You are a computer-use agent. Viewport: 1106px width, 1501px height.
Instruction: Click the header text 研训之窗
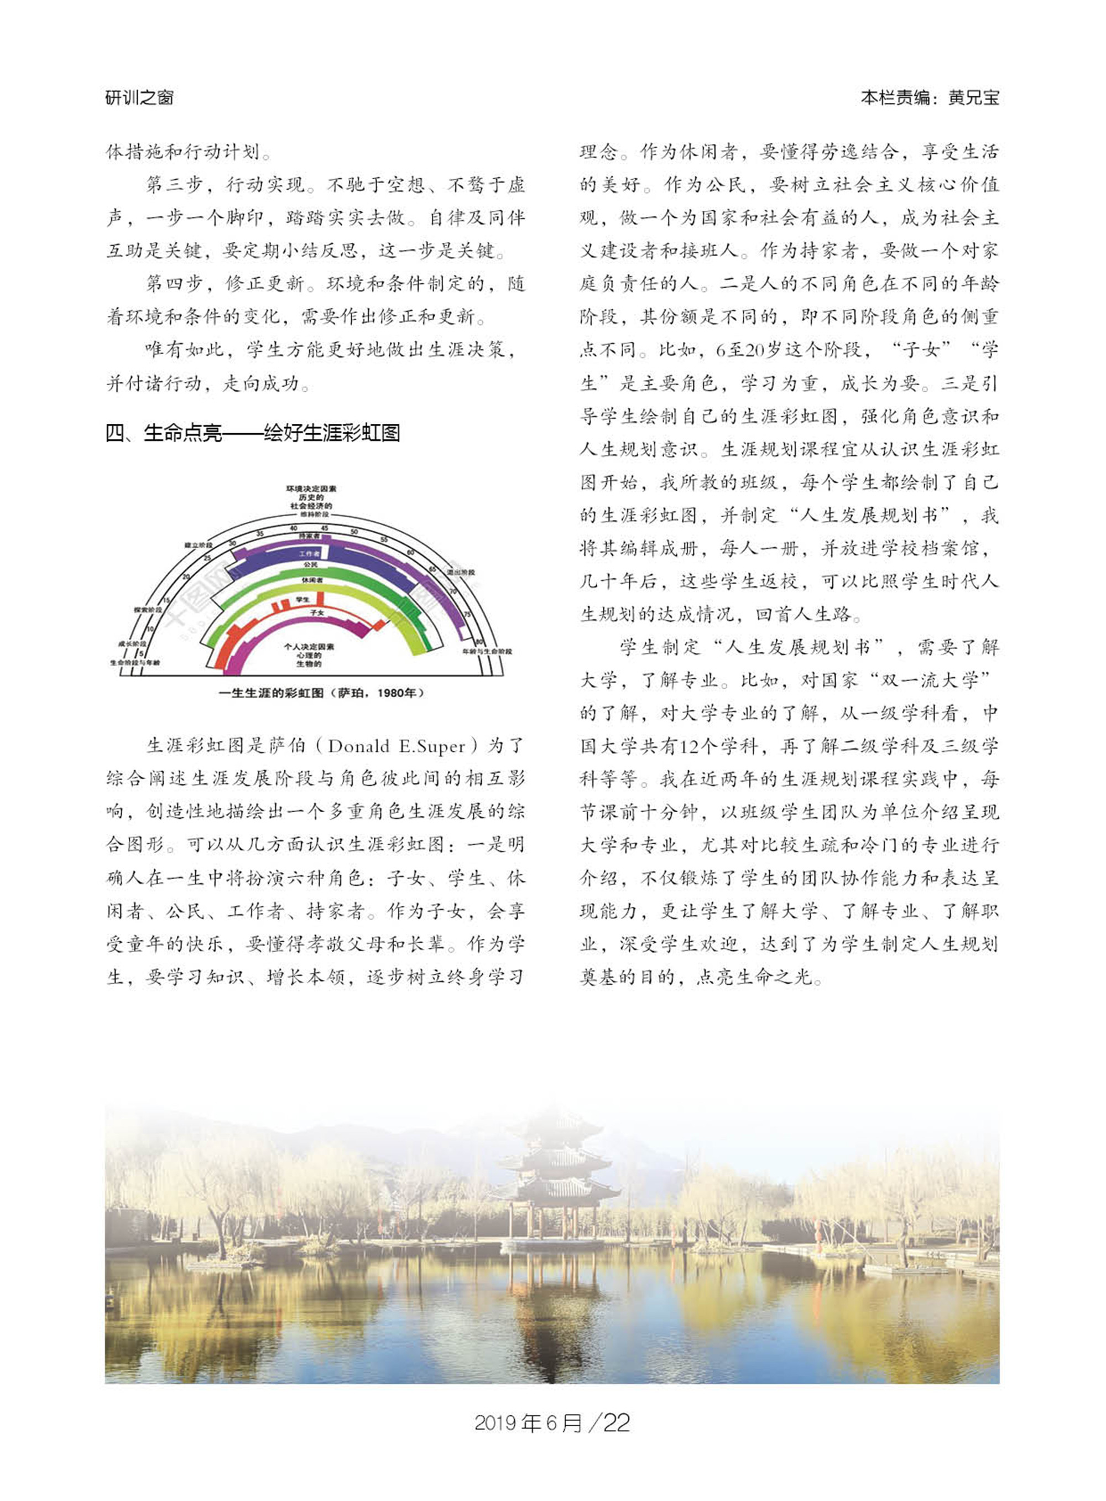point(139,98)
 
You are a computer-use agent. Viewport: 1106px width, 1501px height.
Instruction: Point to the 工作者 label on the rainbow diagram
point(309,554)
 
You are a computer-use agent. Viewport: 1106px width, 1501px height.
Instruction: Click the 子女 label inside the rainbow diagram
point(317,612)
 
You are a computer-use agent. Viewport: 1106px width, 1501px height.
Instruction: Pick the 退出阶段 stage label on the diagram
point(461,572)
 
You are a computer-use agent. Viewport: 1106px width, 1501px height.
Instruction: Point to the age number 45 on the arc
point(324,529)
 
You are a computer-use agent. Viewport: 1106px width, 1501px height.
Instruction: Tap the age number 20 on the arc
point(186,575)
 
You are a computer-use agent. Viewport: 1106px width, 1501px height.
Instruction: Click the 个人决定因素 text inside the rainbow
point(309,647)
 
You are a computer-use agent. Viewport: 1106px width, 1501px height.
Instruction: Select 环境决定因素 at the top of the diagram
point(311,489)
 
